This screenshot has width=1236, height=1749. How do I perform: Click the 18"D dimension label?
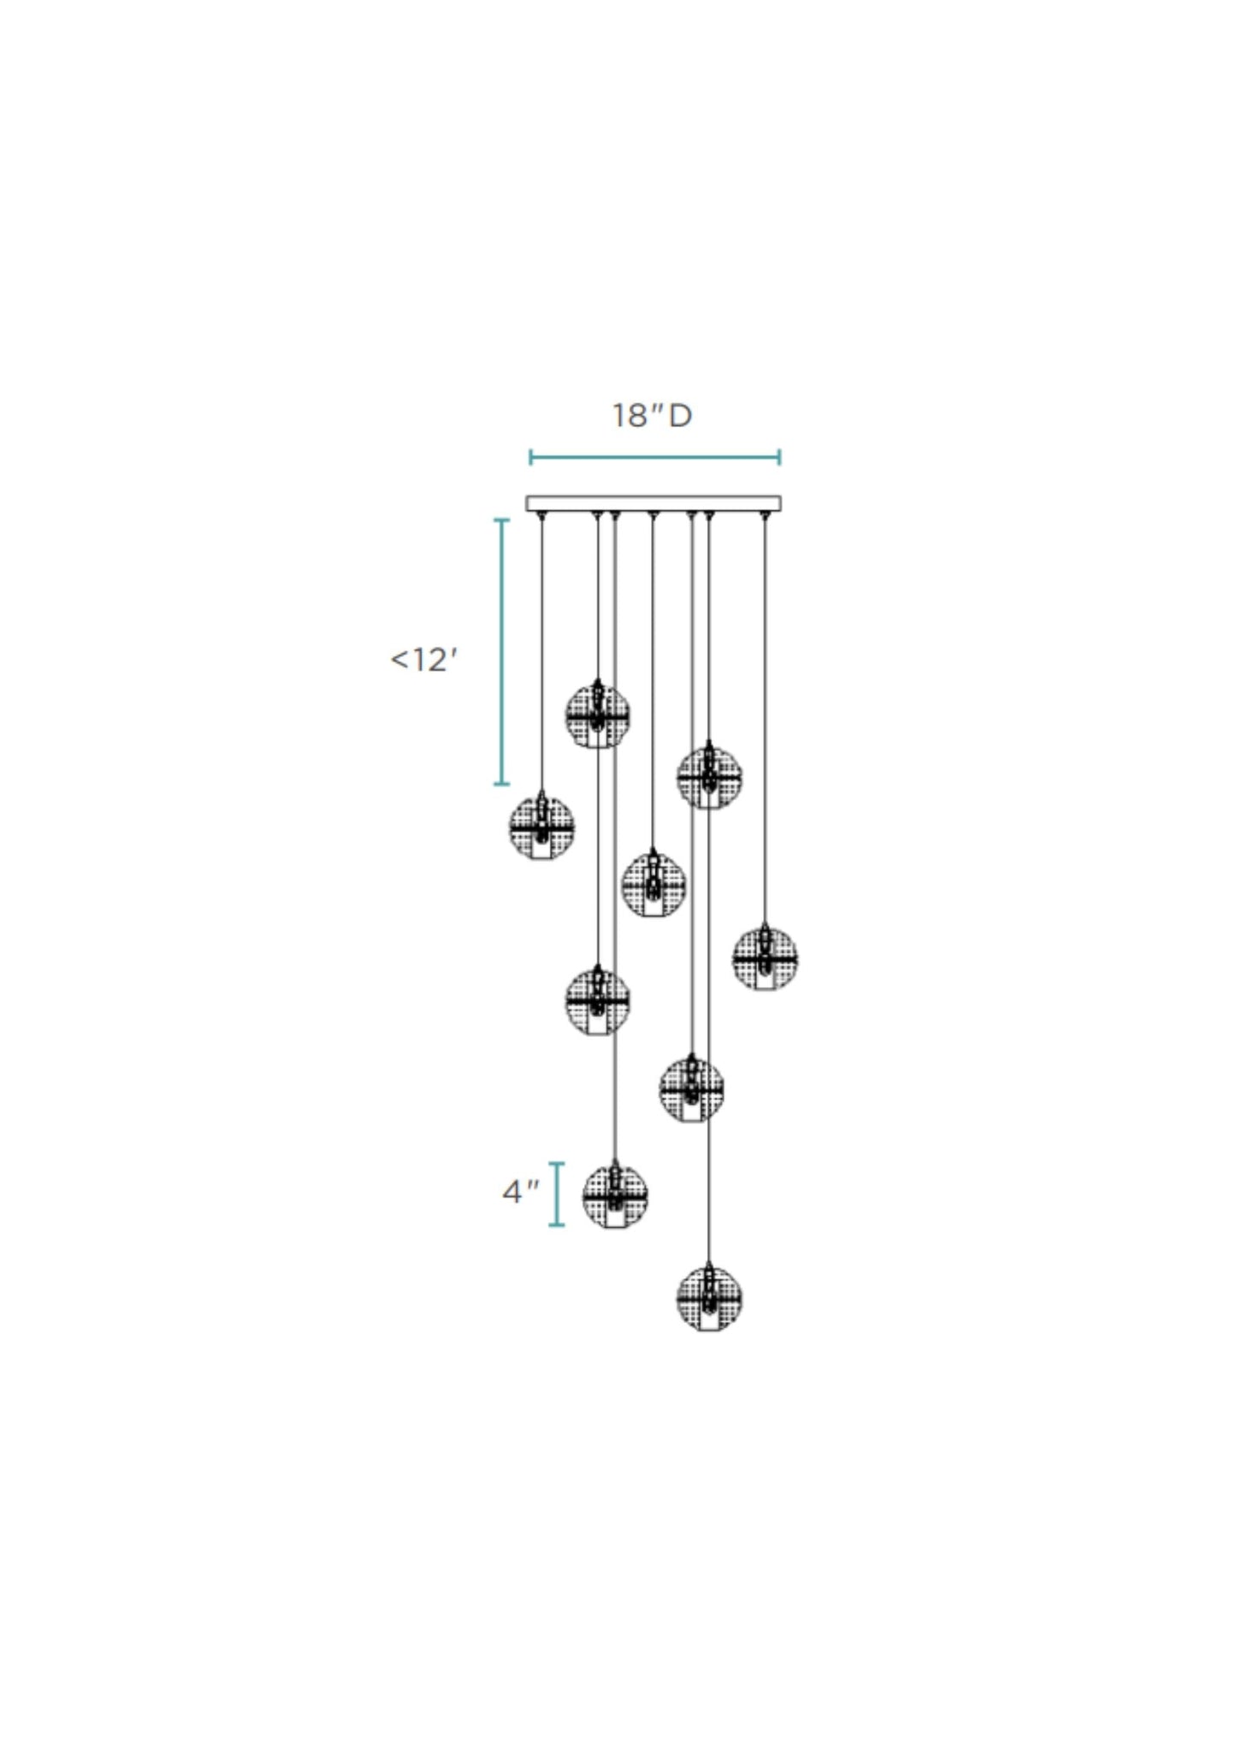click(x=652, y=416)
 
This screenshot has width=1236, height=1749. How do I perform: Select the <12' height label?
click(x=423, y=661)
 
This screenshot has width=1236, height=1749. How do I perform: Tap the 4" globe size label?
click(x=520, y=1191)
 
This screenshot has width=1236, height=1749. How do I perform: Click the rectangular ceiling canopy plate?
click(x=653, y=503)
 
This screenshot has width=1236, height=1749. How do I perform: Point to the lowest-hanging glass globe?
click(x=708, y=1298)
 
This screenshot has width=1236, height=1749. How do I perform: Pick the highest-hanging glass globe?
click(x=598, y=714)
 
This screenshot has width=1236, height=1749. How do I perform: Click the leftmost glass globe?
click(x=541, y=827)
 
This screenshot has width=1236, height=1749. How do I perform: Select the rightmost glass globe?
click(x=765, y=958)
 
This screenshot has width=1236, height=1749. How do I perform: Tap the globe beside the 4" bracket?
click(x=615, y=1195)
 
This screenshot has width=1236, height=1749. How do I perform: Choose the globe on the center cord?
click(x=653, y=884)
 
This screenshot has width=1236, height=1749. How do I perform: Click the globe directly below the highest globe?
click(x=598, y=999)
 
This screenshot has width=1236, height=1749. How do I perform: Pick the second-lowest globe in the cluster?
click(x=615, y=1195)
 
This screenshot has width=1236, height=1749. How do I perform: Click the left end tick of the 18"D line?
click(x=530, y=457)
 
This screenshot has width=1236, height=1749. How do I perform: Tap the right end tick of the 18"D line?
click(x=779, y=457)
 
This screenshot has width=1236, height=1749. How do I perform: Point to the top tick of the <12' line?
click(x=502, y=519)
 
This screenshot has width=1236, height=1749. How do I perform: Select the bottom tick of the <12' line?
click(x=502, y=783)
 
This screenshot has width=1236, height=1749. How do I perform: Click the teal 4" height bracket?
click(x=557, y=1195)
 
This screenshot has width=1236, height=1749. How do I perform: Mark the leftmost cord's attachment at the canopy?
click(x=541, y=513)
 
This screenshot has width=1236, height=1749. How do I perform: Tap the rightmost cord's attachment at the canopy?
click(x=765, y=513)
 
